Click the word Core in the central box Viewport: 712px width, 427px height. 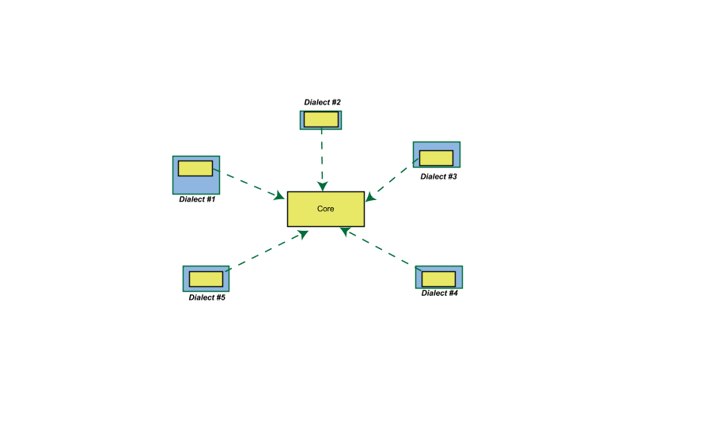click(326, 209)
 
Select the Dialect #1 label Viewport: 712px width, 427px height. click(197, 199)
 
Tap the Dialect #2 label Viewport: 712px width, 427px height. click(323, 102)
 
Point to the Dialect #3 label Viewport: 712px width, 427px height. click(438, 176)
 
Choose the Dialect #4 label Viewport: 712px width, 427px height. click(440, 293)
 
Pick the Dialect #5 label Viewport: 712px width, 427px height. click(207, 297)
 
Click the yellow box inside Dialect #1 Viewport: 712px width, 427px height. click(195, 168)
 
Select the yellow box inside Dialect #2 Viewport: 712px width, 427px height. click(321, 119)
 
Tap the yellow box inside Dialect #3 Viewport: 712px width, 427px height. click(437, 158)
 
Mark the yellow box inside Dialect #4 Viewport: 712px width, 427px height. click(438, 279)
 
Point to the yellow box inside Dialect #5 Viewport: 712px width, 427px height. click(206, 279)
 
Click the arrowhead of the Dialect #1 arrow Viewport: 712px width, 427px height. click(279, 195)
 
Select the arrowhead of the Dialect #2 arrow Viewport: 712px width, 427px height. click(323, 186)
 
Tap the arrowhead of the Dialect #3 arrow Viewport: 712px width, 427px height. click(370, 197)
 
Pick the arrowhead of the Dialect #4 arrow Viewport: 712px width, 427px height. click(346, 232)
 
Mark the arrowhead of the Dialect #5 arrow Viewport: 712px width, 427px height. click(303, 234)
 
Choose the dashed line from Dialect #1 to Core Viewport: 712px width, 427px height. click(249, 183)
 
